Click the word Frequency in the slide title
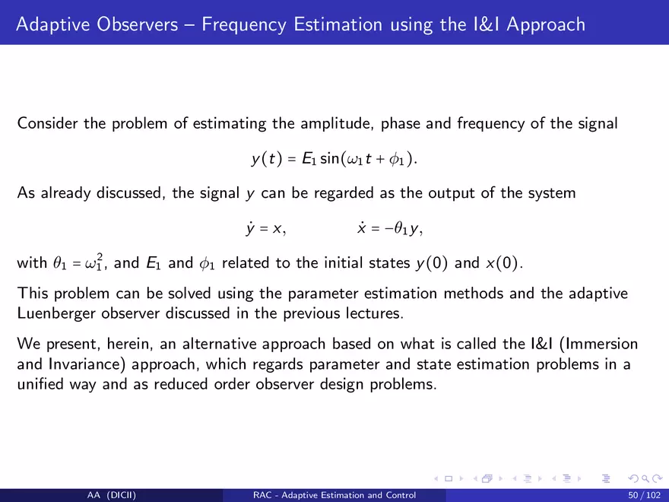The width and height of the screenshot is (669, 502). tap(243, 25)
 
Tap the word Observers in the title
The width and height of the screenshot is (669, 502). tap(138, 24)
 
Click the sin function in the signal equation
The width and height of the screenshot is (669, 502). tap(329, 158)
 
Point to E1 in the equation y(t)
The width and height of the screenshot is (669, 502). tap(309, 159)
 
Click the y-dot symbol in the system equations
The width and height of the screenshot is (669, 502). tap(250, 229)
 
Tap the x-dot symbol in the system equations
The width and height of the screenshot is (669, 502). tap(362, 228)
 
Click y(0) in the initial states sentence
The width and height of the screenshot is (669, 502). tap(432, 262)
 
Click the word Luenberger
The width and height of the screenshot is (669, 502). tap(56, 313)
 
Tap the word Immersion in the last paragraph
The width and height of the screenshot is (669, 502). tap(598, 344)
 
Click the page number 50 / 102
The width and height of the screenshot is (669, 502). tap(644, 495)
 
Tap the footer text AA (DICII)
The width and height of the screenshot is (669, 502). tap(111, 495)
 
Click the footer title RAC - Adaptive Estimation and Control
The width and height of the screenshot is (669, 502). tap(334, 495)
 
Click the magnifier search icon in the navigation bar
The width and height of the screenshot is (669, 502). tap(645, 479)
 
